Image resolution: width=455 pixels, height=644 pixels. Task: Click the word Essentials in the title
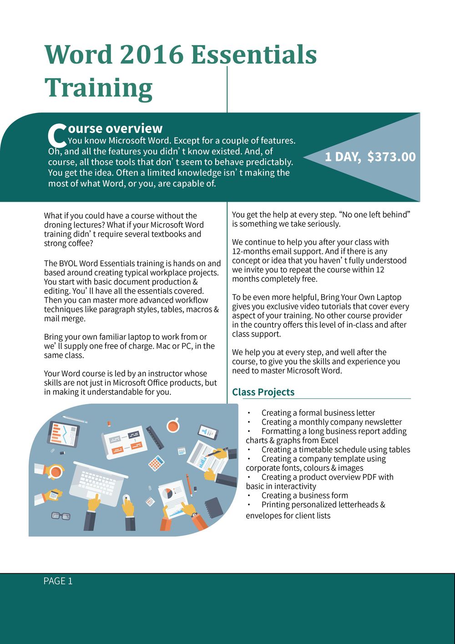[253, 55]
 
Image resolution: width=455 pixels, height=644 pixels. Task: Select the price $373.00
[391, 157]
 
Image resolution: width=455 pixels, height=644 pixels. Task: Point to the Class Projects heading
[263, 392]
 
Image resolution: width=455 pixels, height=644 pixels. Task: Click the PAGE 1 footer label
[58, 581]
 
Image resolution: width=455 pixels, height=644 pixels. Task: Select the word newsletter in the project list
[381, 422]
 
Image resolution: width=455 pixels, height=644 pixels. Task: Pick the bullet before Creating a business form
[249, 496]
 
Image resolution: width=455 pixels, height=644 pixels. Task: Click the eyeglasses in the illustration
[61, 516]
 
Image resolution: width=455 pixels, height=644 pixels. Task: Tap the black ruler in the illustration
[155, 437]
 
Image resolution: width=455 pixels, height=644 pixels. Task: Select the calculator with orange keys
[156, 463]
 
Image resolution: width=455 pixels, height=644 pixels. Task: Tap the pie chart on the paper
[168, 493]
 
